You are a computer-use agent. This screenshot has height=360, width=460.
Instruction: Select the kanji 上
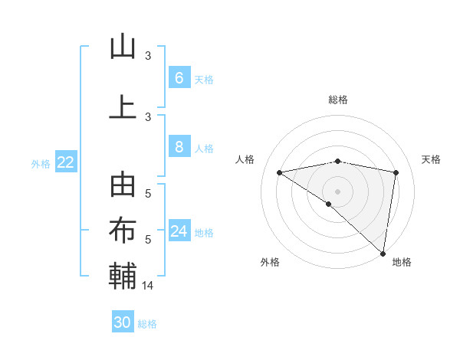pos(123,106)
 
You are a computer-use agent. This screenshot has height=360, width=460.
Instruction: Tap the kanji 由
pos(123,187)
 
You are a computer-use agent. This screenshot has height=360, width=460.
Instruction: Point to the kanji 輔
pos(123,276)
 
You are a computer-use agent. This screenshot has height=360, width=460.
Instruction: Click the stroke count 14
pos(148,286)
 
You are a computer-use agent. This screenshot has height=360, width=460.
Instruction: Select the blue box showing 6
pos(179,77)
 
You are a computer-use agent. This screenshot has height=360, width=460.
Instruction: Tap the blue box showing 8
pos(179,147)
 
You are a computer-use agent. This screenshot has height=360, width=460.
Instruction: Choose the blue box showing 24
pos(179,231)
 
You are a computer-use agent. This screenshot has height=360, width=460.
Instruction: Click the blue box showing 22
pos(66,162)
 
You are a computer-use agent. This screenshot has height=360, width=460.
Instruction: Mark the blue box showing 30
pos(123,322)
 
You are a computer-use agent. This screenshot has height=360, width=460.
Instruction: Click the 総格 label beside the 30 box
pos(148,324)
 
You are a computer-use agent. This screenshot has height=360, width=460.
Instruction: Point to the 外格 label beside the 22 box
pos(41,163)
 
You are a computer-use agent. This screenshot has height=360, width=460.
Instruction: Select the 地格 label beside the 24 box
pos(205,233)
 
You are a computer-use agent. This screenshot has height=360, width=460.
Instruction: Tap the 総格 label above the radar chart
pos(338,100)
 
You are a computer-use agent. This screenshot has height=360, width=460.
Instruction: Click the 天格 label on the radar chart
pos(431,159)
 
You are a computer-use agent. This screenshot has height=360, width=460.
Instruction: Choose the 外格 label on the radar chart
pos(270,262)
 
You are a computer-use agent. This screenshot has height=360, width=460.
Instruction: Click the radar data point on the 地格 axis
pos(383,253)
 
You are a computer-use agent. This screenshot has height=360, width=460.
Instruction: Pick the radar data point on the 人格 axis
pos(280,172)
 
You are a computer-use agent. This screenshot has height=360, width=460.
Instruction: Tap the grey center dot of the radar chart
pos(337,190)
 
